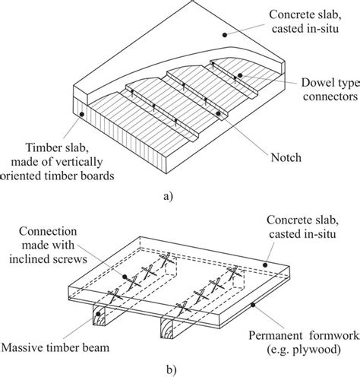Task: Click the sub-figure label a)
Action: (179, 195)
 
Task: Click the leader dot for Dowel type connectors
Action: (240, 75)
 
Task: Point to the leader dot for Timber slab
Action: (81, 114)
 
